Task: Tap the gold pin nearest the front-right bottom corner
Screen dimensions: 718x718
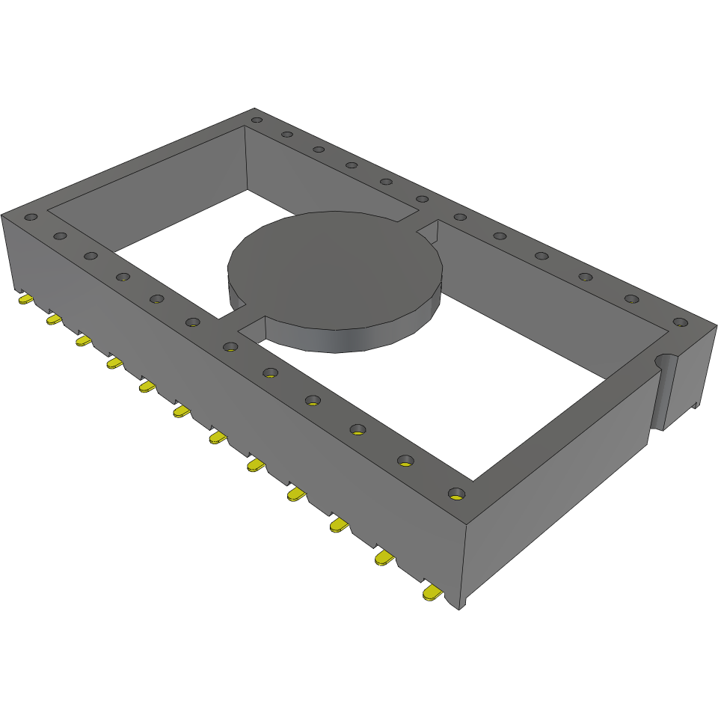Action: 432,592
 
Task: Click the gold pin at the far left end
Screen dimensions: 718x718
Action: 25,299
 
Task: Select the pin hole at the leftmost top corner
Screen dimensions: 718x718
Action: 31,218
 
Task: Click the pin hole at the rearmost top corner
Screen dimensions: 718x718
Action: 257,120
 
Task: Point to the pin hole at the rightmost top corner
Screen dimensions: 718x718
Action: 679,322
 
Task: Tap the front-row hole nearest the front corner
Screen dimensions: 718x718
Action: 455,494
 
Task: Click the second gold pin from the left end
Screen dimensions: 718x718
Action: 55,319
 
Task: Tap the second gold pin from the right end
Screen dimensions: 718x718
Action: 384,558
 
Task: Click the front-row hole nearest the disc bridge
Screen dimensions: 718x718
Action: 230,346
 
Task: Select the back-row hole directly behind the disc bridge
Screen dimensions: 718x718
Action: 422,199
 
